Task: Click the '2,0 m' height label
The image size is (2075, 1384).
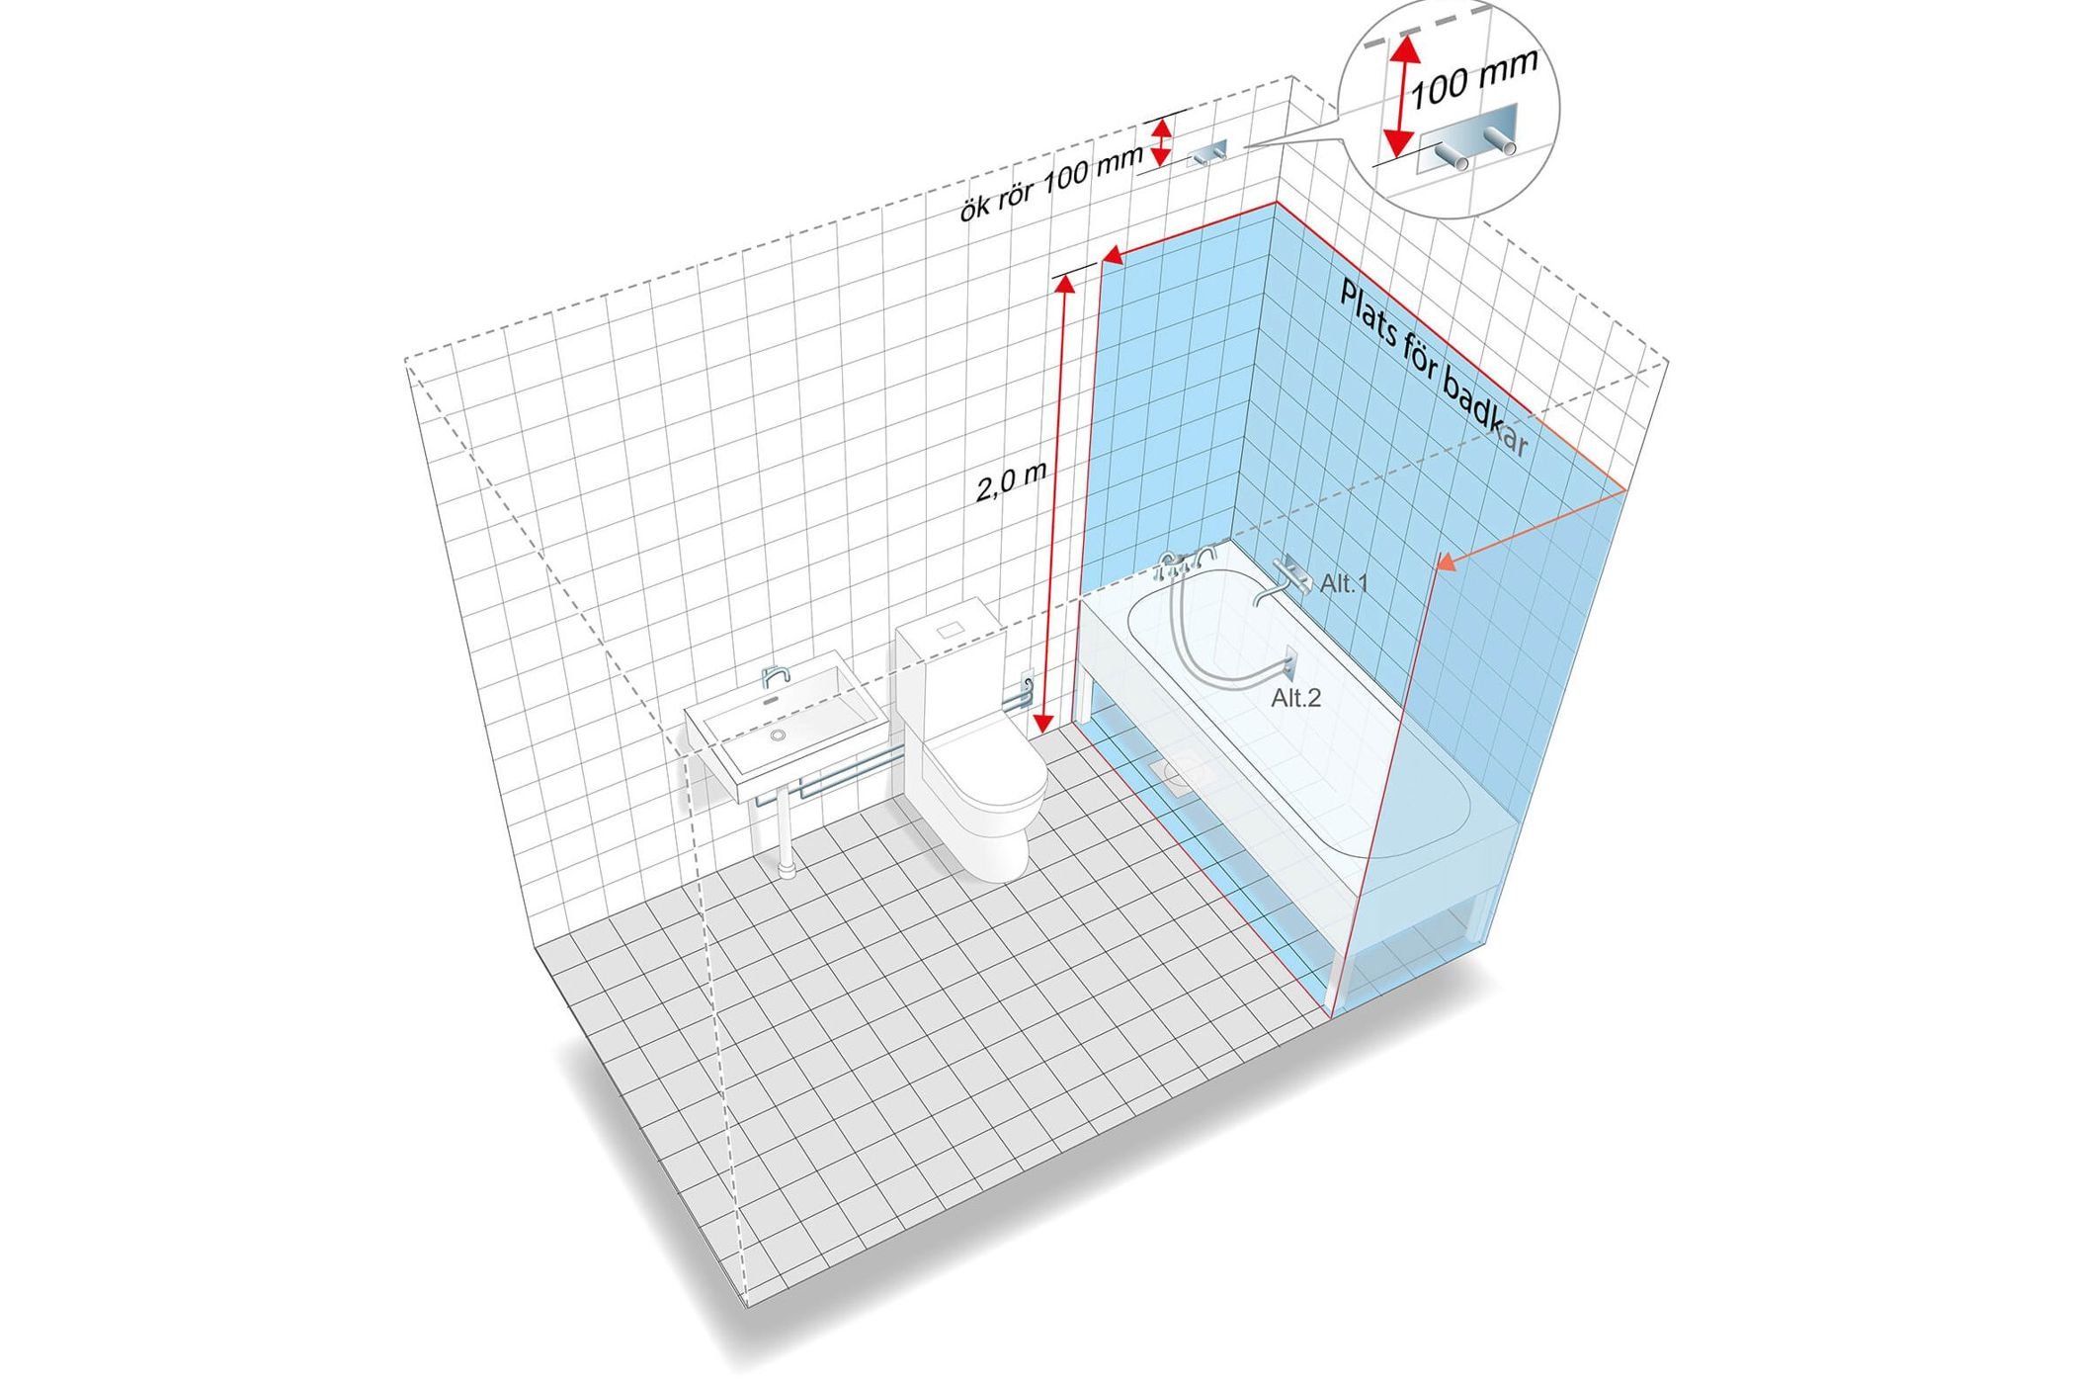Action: pyautogui.click(x=1011, y=481)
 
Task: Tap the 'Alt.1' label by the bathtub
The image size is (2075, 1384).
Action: pyautogui.click(x=1345, y=583)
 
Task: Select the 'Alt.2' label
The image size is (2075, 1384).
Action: pyautogui.click(x=1295, y=698)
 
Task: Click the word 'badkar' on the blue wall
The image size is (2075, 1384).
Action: pyautogui.click(x=1486, y=410)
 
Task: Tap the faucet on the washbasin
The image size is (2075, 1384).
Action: pyautogui.click(x=776, y=676)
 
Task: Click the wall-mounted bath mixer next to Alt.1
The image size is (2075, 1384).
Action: pyautogui.click(x=1284, y=581)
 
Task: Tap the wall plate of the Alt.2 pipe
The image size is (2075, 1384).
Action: pyautogui.click(x=1290, y=660)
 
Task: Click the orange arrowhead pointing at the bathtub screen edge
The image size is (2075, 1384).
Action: pyautogui.click(x=1446, y=562)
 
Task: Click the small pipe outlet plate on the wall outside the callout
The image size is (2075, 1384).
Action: pyautogui.click(x=1206, y=152)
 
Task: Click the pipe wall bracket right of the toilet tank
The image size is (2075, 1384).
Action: pyautogui.click(x=1025, y=682)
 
